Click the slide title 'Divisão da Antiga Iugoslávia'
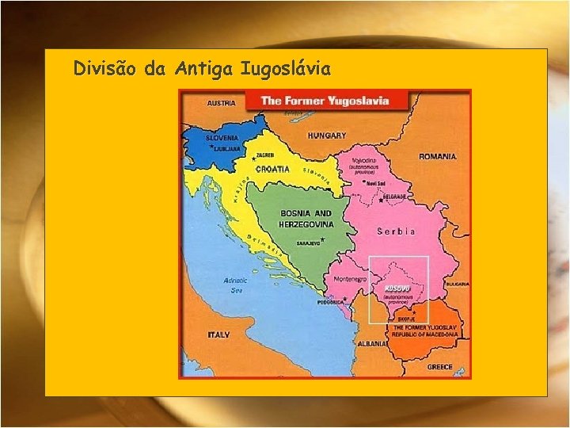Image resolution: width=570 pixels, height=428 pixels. pyautogui.click(x=202, y=69)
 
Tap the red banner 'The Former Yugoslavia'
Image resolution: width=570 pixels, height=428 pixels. pyautogui.click(x=326, y=101)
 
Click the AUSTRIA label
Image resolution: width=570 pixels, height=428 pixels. pyautogui.click(x=221, y=103)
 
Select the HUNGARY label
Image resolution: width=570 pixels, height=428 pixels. pyautogui.click(x=327, y=136)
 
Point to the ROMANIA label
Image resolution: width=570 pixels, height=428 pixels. pyautogui.click(x=437, y=157)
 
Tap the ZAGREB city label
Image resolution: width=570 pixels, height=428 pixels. pyautogui.click(x=264, y=155)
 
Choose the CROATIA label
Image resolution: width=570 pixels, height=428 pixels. pyautogui.click(x=272, y=169)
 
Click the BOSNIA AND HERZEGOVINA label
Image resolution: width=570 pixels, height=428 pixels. pyautogui.click(x=306, y=219)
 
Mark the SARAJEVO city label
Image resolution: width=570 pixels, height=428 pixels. pyautogui.click(x=307, y=243)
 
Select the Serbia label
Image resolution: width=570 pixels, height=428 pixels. pyautogui.click(x=396, y=231)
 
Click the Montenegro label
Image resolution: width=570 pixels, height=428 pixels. pyautogui.click(x=349, y=279)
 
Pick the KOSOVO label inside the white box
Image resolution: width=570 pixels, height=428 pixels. pyautogui.click(x=397, y=288)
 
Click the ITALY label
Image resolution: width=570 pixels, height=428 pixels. pyautogui.click(x=218, y=335)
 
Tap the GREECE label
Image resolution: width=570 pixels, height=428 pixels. pyautogui.click(x=439, y=367)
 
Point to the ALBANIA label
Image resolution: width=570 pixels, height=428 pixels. pyautogui.click(x=373, y=345)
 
